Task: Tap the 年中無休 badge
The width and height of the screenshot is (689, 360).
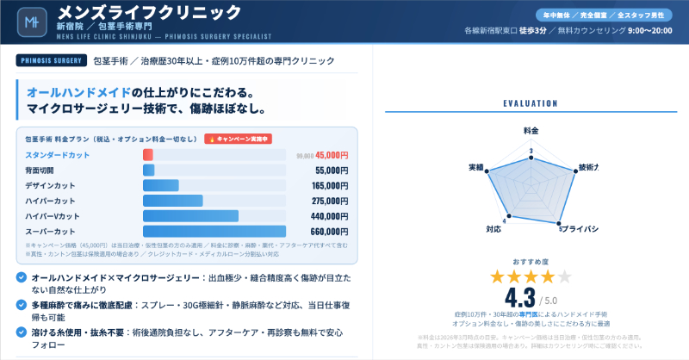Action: click(x=562, y=16)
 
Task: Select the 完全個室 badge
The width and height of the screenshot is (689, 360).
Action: click(x=611, y=16)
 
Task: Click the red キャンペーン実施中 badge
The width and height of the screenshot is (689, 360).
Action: click(x=239, y=138)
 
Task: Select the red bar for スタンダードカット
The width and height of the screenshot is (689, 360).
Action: click(x=148, y=155)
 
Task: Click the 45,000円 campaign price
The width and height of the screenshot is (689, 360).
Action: click(x=332, y=155)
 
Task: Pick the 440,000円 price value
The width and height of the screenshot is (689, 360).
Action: click(x=329, y=215)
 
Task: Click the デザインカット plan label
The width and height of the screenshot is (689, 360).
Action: click(x=50, y=185)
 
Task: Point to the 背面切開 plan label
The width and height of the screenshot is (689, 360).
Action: click(x=40, y=171)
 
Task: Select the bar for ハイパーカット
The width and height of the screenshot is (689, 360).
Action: click(x=172, y=201)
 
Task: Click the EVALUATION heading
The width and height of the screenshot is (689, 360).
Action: click(x=530, y=103)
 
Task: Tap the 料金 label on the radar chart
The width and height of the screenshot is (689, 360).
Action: click(x=530, y=129)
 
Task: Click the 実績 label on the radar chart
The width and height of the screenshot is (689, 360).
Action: click(x=475, y=166)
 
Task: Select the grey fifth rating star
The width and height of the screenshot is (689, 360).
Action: click(x=564, y=276)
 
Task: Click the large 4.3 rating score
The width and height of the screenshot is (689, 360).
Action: click(x=520, y=298)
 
